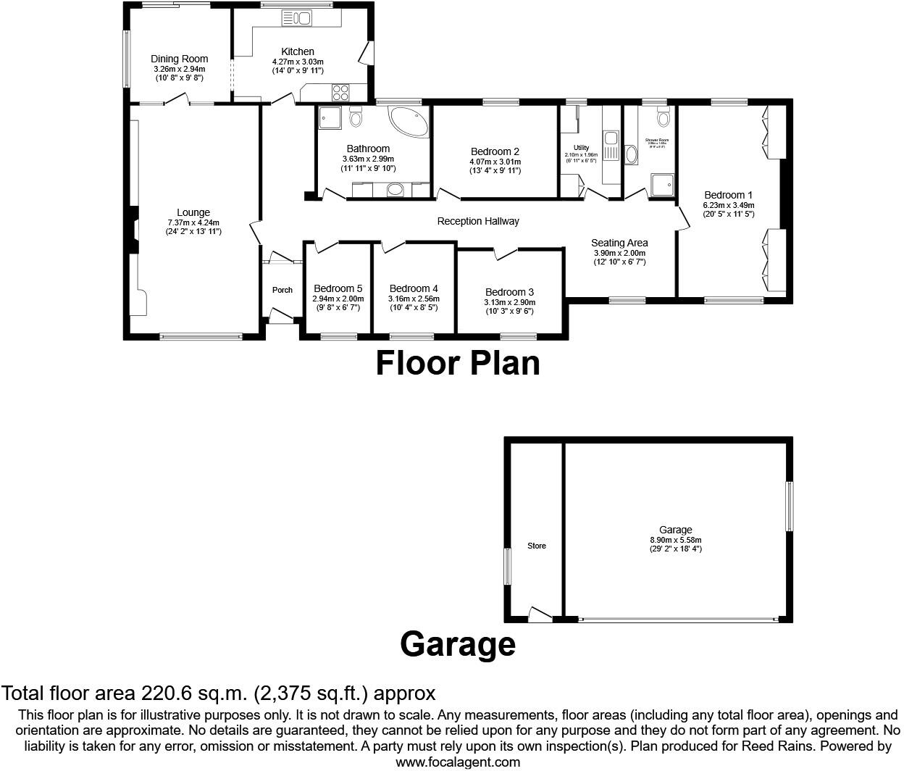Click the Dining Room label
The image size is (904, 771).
point(179,59)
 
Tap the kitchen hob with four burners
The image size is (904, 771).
point(340,92)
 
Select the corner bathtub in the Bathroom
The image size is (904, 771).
point(409,121)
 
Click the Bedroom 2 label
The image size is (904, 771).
point(495,151)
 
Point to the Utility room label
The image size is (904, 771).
point(581,148)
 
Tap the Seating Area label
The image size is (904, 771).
point(619,243)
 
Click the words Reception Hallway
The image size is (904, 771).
point(478,221)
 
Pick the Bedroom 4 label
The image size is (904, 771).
point(414,288)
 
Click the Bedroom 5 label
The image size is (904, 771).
point(338,288)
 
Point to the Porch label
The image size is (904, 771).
point(282,290)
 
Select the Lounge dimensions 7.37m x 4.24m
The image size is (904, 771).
point(193,222)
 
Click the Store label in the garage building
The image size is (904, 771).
point(537,546)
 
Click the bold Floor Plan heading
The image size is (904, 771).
point(457,362)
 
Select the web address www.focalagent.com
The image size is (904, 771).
point(458,762)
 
